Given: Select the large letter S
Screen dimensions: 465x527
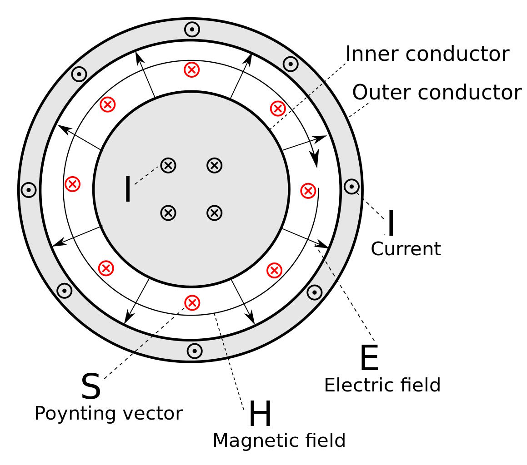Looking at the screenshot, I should [x=90, y=386].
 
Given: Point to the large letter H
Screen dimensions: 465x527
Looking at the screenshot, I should [x=260, y=415].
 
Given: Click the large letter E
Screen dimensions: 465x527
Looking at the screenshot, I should [x=369, y=359].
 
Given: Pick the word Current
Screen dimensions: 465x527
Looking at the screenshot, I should [x=406, y=249].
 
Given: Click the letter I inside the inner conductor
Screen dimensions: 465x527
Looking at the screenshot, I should [x=128, y=189].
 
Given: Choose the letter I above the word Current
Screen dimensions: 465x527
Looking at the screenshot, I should [x=391, y=223].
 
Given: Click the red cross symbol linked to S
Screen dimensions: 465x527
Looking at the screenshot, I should [x=192, y=302].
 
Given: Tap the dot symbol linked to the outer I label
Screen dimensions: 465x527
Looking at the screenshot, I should [x=351, y=187].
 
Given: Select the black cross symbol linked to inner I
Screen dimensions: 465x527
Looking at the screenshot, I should [x=168, y=165].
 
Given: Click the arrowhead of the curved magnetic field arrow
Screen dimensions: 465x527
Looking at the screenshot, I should [x=314, y=158].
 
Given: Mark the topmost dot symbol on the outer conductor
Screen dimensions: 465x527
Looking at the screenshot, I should [x=192, y=30].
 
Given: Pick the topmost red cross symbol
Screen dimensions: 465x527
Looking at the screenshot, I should [x=192, y=69].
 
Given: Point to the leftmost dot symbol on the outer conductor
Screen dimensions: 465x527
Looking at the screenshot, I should [x=29, y=190].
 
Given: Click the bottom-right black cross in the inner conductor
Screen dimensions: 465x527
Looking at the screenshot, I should [x=214, y=213].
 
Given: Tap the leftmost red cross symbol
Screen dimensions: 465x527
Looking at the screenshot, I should [x=72, y=184].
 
